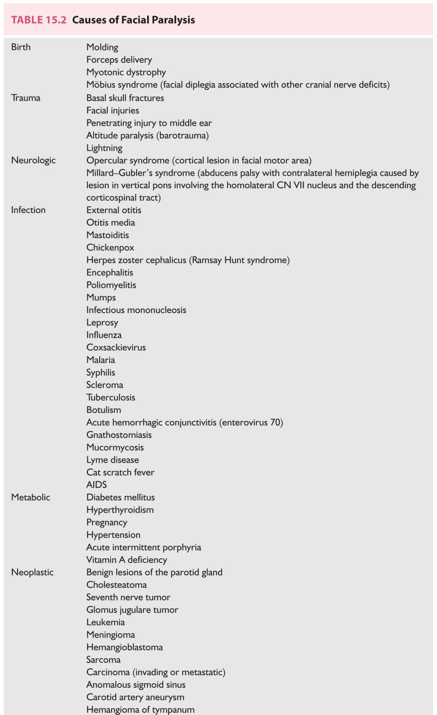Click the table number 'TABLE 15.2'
(39, 20)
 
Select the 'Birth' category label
(21, 47)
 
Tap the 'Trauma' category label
(26, 98)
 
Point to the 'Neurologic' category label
(33, 160)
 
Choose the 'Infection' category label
(28, 210)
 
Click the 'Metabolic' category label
(31, 497)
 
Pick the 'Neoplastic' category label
(32, 572)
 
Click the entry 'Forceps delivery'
(119, 60)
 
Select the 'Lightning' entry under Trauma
(104, 148)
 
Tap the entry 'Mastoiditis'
(107, 235)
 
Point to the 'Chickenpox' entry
(110, 247)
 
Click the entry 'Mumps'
(101, 298)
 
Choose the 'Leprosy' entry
(102, 323)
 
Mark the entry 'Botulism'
(104, 410)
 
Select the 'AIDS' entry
(97, 485)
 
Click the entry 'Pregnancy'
(107, 523)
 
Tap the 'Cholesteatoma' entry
(116, 585)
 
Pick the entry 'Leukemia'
(105, 622)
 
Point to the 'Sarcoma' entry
(104, 660)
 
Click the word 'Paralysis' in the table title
(174, 20)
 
